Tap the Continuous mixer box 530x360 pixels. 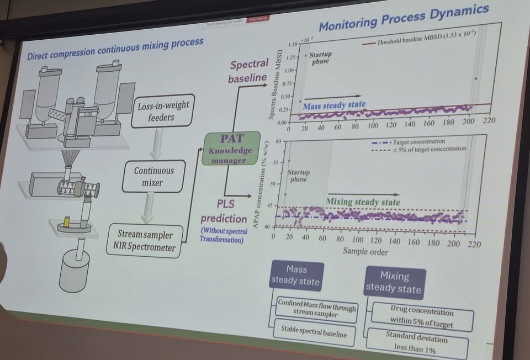153,177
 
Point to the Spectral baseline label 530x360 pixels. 249,71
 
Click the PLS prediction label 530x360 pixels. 224,211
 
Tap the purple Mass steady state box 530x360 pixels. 296,275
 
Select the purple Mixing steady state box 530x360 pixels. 394,282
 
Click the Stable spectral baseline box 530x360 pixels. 312,333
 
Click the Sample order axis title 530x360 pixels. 365,252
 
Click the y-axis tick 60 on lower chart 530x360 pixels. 278,142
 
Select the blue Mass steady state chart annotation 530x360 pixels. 334,105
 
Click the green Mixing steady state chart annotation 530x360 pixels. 363,202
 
